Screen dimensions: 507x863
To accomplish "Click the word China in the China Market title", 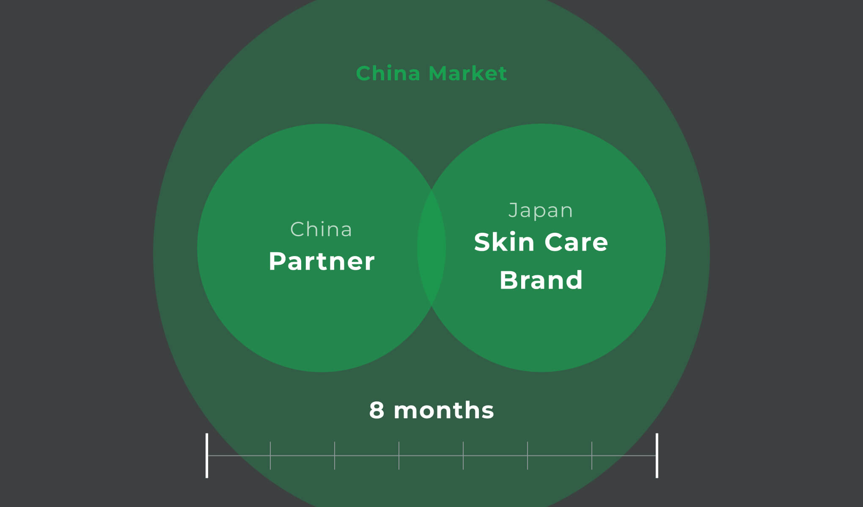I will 388,74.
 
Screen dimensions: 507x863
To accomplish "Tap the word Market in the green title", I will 467,74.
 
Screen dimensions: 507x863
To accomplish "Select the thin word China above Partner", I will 321,229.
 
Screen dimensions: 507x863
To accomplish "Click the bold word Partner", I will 322,261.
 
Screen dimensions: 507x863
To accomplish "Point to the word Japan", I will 541,210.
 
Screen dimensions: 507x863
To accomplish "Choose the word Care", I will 576,242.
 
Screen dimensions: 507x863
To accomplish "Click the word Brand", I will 541,280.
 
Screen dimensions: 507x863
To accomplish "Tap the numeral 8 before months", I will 377,410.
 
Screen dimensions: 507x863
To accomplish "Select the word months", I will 444,410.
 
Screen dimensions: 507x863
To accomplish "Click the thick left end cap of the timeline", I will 207,455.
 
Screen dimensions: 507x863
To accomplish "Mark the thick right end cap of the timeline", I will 657,455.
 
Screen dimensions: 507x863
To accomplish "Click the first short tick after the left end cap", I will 270,455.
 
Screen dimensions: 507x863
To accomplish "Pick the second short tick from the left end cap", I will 335,455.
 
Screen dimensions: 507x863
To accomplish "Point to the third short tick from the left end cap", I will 399,455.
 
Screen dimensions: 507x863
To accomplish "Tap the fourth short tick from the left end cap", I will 463,455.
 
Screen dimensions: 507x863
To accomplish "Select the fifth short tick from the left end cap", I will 528,455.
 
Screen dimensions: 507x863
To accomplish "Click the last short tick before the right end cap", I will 592,455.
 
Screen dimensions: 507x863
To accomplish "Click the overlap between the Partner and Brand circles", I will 431,248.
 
